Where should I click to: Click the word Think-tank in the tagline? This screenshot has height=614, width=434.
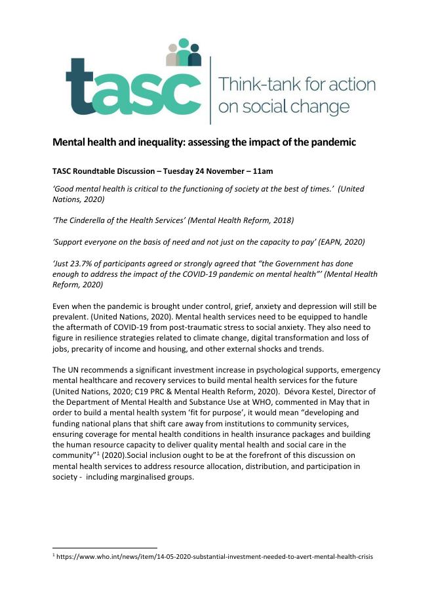click(x=251, y=85)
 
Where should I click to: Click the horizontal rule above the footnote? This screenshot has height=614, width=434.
click(x=105, y=547)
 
